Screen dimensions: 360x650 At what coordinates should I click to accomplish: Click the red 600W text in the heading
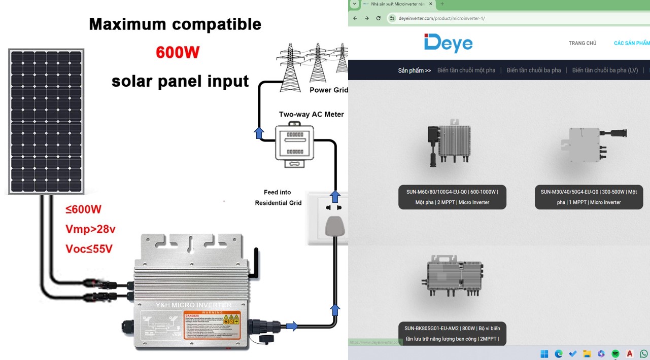(178, 52)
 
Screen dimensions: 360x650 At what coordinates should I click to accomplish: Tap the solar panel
(46, 121)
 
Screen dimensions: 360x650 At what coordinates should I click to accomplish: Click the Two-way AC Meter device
(294, 145)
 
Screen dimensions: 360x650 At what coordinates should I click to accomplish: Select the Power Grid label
(328, 90)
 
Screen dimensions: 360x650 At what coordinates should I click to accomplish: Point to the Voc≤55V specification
(89, 249)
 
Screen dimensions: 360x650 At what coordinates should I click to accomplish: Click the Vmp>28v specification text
(90, 229)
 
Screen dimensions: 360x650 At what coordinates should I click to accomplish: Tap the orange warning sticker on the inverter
(212, 327)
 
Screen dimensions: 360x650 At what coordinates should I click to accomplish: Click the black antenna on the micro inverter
(257, 264)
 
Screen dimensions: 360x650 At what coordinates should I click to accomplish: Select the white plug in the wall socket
(335, 226)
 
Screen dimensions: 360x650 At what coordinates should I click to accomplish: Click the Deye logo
(448, 43)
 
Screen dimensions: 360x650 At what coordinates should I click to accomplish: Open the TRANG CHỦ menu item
(582, 44)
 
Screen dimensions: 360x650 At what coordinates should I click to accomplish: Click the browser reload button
(379, 18)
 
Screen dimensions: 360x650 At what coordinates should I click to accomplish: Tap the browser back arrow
(355, 18)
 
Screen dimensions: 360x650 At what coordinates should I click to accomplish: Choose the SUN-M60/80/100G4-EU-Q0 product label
(452, 197)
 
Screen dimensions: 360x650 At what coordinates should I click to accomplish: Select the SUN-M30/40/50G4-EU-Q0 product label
(589, 197)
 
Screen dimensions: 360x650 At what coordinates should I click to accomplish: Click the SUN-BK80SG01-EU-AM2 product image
(453, 276)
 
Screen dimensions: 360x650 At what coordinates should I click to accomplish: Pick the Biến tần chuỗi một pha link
(466, 70)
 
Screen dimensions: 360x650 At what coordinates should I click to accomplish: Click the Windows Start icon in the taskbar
(544, 353)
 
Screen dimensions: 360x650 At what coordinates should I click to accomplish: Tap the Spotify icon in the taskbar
(615, 353)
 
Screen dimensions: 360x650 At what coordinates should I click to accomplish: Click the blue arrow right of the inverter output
(292, 326)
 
